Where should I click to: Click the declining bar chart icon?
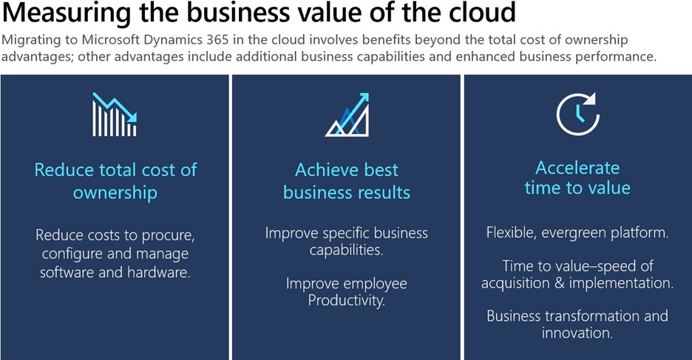pos(115,115)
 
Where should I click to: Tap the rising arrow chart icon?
pos(347,115)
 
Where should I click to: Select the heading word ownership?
pos(115,193)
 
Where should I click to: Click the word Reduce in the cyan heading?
pos(63,170)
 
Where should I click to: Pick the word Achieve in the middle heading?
pos(322,170)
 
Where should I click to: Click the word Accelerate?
pos(577,167)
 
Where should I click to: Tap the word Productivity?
pos(347,300)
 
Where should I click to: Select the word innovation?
pos(576,333)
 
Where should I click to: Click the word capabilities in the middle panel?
pos(345,250)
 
